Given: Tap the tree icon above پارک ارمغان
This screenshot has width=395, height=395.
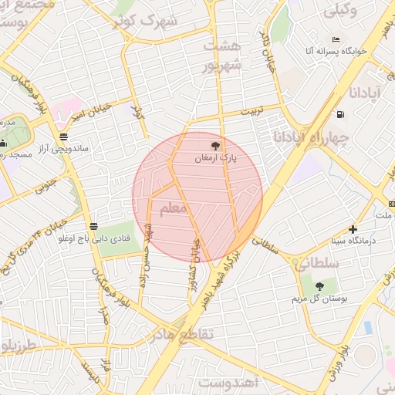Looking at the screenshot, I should coord(215,144).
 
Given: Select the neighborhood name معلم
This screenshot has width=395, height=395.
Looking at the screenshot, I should coord(173,208).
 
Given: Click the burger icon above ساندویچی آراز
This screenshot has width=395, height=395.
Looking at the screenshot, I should coord(63,137).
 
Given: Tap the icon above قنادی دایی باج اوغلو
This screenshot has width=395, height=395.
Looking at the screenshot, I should coord(93,226).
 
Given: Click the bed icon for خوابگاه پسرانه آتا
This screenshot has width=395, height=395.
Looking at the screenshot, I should coord(336,39).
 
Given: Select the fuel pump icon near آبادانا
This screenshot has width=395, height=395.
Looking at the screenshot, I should coord(340,115).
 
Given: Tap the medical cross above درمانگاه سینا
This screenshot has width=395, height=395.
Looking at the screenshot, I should coord(353,229).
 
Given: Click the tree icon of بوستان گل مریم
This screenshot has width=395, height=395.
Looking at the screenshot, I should coord(319,287).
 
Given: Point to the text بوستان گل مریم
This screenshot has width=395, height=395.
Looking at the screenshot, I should coord(319,299).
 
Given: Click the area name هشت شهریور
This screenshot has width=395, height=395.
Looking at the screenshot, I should coord(223,56).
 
